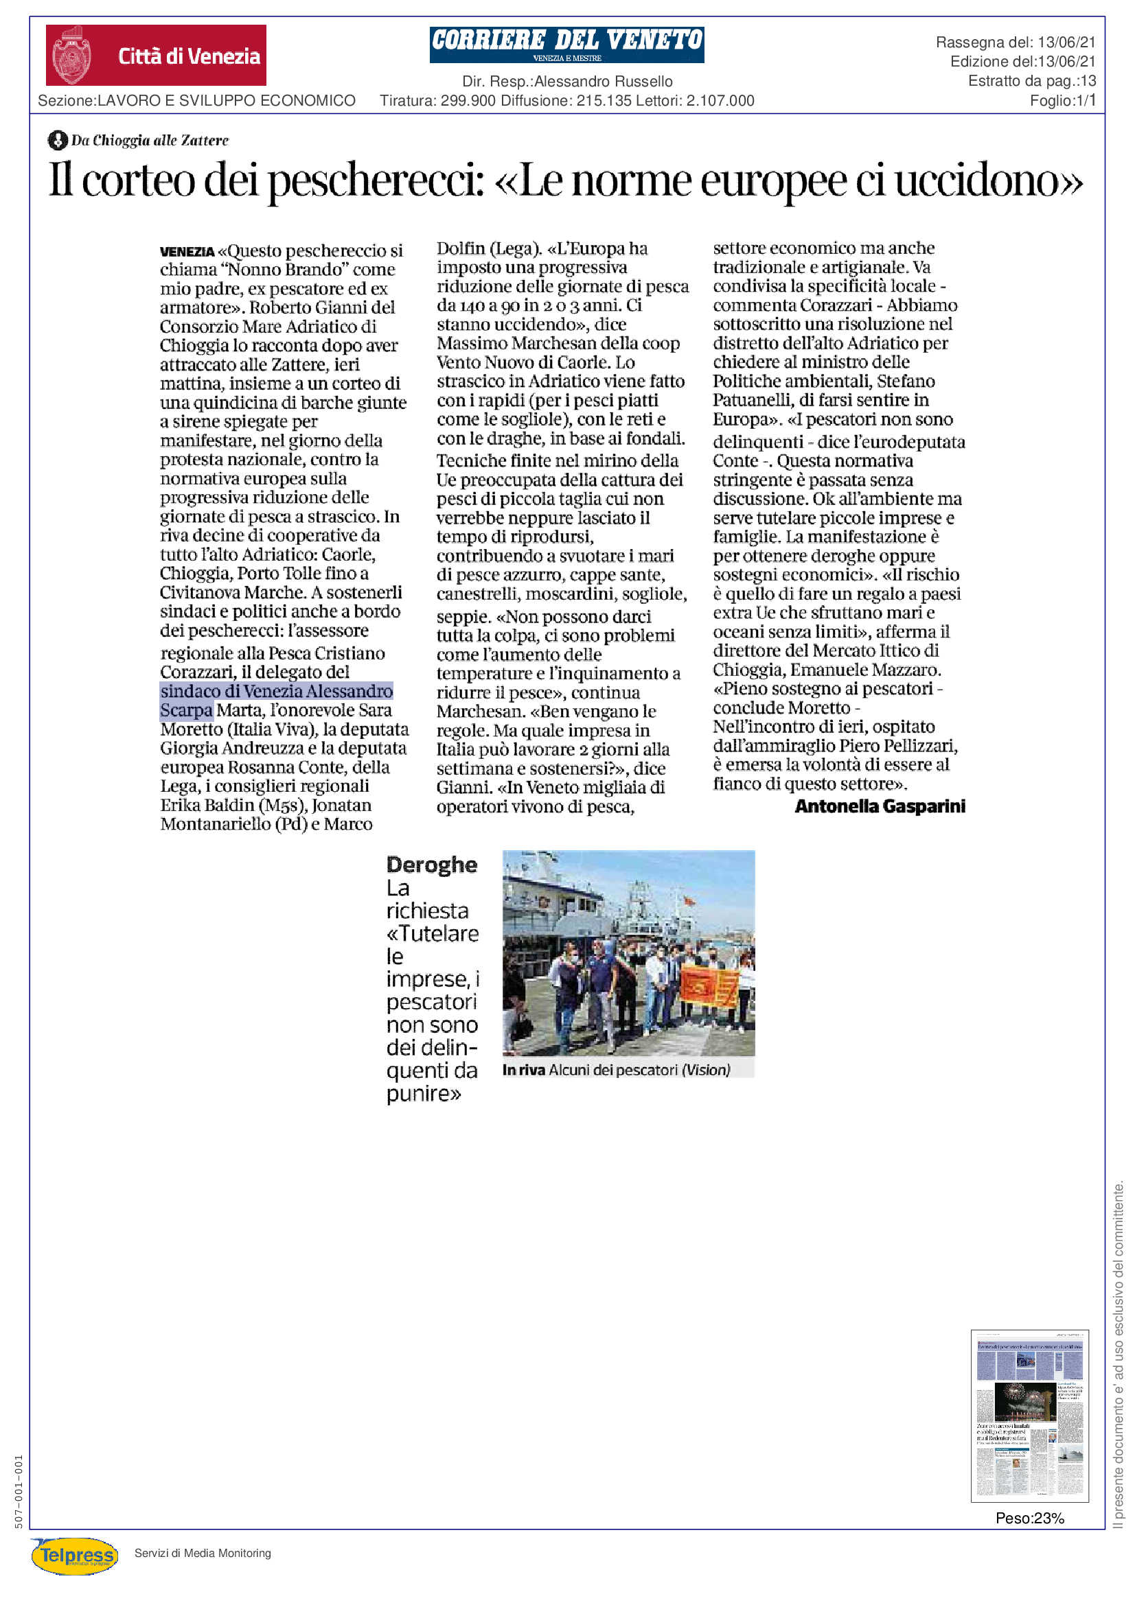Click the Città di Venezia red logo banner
tap(155, 55)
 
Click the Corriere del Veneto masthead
tap(566, 44)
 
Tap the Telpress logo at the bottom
tap(75, 1556)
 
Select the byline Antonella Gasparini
tap(879, 806)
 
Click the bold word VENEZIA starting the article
tap(187, 252)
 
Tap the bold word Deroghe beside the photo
tap(431, 865)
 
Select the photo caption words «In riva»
tap(523, 1070)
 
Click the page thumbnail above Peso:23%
tap(1029, 1416)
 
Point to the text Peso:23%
tap(1029, 1519)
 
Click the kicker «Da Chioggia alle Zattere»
tap(150, 141)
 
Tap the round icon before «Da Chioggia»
tap(58, 141)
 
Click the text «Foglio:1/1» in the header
tap(1062, 101)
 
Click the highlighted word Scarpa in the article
tap(186, 710)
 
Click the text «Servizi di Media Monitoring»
tap(202, 1554)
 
